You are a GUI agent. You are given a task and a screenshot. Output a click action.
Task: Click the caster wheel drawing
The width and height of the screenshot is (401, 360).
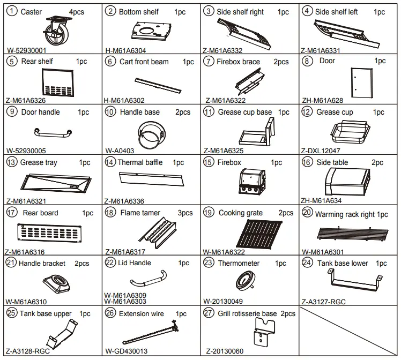[x=54, y=31]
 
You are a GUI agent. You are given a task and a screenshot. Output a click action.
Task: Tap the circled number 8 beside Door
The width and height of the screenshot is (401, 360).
[x=307, y=61]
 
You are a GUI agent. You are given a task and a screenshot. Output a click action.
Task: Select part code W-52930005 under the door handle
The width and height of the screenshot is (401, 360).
[x=26, y=151]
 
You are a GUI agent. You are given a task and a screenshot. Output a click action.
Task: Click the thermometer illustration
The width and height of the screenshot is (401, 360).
[x=245, y=281]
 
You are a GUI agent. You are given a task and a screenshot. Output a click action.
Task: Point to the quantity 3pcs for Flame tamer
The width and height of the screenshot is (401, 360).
[x=185, y=213]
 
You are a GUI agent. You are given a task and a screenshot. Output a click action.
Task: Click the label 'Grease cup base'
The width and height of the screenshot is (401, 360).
[x=245, y=112]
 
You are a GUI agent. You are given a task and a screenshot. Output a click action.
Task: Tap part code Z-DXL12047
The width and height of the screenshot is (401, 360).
[x=321, y=151]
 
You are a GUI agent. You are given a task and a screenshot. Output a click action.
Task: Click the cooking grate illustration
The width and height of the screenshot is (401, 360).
[x=259, y=232]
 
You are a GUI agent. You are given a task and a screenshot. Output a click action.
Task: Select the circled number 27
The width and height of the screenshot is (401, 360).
[x=209, y=313]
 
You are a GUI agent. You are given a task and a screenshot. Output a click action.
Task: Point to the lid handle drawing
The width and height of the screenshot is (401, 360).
[x=148, y=279]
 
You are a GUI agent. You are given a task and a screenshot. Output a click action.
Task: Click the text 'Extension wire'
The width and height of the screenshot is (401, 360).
[x=142, y=313]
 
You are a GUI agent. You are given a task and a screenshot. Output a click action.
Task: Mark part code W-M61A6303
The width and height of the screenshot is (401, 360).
[x=125, y=302]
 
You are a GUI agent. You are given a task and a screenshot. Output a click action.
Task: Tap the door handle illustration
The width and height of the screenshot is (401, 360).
[x=53, y=132]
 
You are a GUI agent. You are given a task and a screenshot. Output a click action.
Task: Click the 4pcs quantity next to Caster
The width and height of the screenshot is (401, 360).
[x=77, y=12]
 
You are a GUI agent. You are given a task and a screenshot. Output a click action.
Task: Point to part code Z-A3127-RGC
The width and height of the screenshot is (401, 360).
[x=323, y=302]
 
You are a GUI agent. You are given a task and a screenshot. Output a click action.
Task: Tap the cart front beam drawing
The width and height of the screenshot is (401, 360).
[x=158, y=86]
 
